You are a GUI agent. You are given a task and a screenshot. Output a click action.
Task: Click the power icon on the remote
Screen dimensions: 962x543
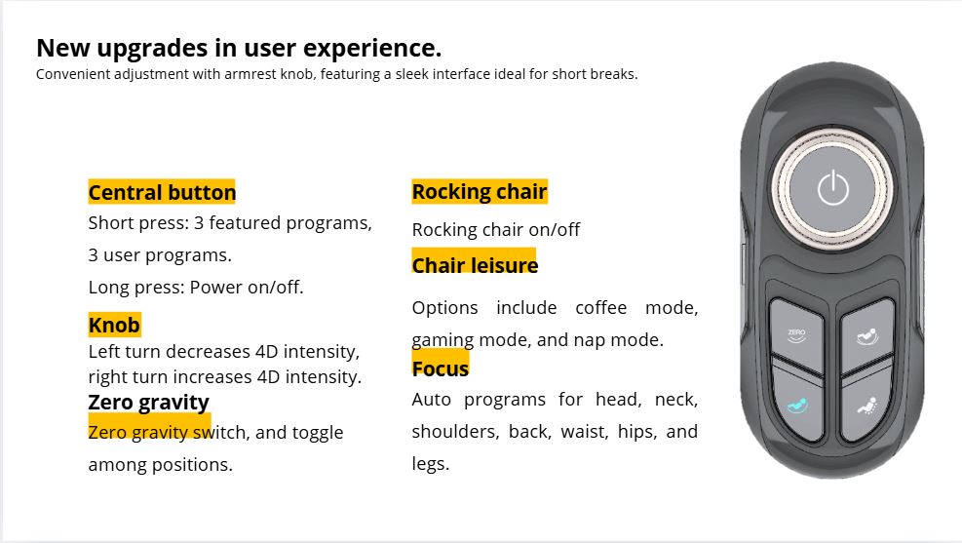[x=833, y=188]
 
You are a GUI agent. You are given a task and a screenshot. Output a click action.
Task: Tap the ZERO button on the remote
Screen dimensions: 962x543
[x=796, y=335]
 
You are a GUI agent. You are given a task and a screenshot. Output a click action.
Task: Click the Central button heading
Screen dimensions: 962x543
[x=162, y=193]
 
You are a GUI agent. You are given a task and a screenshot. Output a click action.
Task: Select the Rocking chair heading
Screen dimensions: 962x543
[x=480, y=192]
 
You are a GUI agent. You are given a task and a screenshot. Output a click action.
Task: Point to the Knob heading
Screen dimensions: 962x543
[x=114, y=325]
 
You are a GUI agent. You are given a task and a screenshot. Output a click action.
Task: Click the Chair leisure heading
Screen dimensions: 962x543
[x=475, y=266]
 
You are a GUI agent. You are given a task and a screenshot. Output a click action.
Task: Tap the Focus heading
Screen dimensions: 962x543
[x=440, y=368]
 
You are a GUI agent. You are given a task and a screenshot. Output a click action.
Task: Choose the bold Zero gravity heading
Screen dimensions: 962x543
[x=148, y=403]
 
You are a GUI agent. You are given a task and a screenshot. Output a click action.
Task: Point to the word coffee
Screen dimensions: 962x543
[x=600, y=307]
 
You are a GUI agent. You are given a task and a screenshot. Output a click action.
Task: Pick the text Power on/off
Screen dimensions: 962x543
[x=247, y=288]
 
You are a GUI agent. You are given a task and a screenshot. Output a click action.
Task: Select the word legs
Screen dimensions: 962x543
[x=430, y=464]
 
